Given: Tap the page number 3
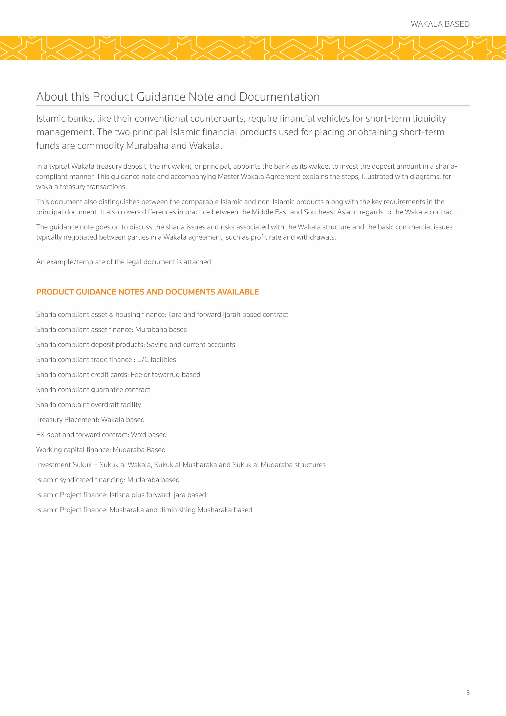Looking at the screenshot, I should coord(468,692).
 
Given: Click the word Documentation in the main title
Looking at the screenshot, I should coord(279,97).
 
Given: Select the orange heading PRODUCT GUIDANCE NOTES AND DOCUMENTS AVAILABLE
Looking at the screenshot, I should coord(147,292).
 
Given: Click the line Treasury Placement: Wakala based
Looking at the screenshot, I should coord(90,420).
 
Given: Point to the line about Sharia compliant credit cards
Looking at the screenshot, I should coord(118,375).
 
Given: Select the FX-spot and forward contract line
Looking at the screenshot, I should coord(101,435).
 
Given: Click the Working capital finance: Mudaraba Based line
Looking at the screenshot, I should coord(101,450).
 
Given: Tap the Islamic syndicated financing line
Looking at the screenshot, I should coord(108,480).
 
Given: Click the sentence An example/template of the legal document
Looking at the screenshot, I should coord(124,262).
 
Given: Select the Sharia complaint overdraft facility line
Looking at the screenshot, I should coord(88,405).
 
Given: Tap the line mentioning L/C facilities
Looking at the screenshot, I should coord(106,359).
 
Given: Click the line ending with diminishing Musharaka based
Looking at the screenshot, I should coord(144,510).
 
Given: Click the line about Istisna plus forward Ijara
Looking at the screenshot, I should coord(121,495).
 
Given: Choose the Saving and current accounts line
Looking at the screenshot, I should coord(136,345).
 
